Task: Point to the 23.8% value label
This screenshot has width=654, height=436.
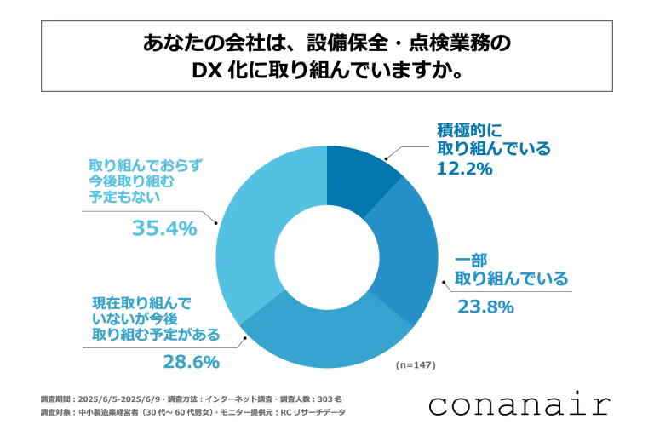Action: click(485, 307)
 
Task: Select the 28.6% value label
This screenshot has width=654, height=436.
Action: click(191, 362)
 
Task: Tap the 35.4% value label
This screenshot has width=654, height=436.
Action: click(164, 227)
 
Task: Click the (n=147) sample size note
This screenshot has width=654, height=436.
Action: click(416, 365)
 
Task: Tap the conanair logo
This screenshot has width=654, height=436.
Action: click(519, 403)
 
